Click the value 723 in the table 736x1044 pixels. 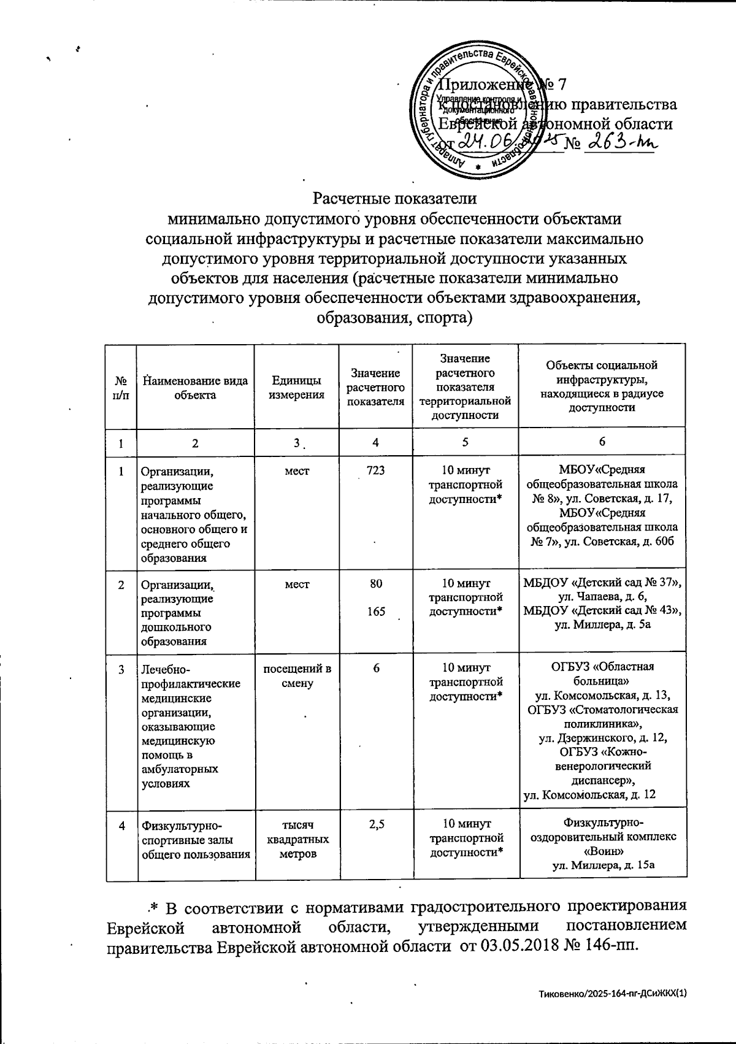point(375,470)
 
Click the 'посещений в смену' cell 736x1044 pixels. point(296,675)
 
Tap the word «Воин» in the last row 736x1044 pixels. point(602,851)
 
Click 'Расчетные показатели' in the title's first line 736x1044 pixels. point(395,199)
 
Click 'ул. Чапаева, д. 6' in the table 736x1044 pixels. point(601,597)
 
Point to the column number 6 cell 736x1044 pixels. point(602,442)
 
